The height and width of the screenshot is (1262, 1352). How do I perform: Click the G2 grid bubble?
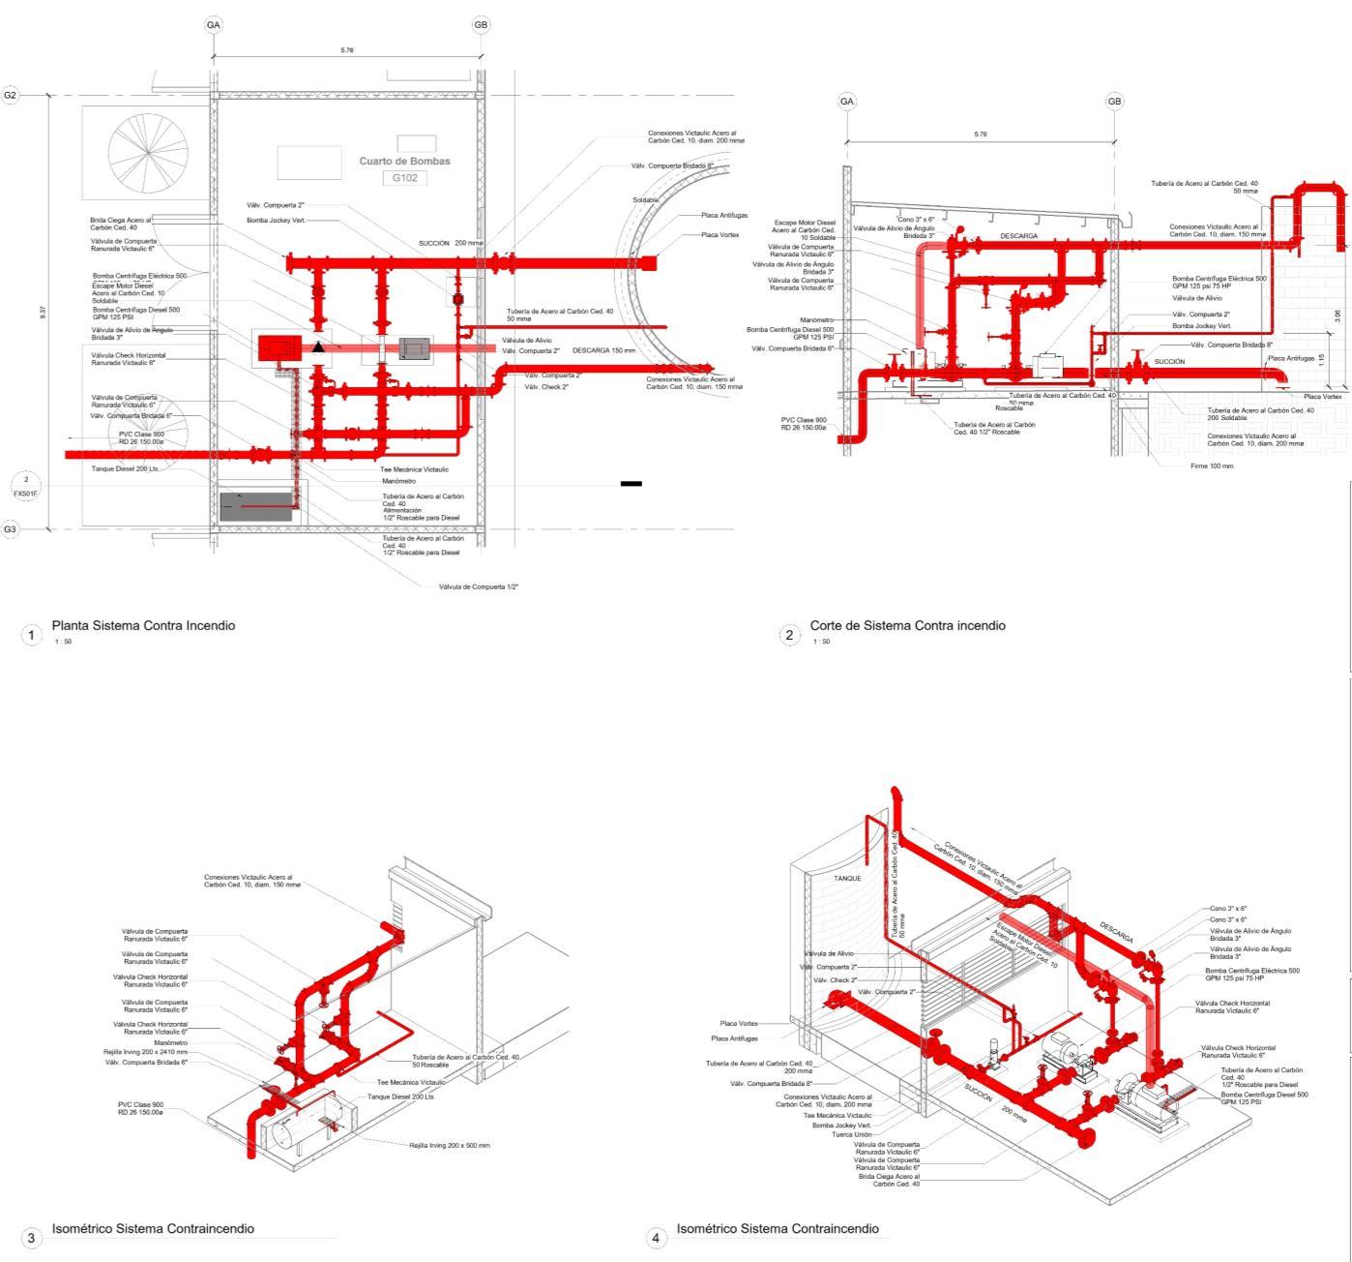(10, 95)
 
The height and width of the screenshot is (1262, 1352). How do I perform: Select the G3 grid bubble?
(10, 529)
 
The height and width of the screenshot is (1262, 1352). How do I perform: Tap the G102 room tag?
(404, 178)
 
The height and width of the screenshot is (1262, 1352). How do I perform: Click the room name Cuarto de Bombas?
(404, 162)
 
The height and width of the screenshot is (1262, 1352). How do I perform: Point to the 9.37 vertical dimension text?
(43, 314)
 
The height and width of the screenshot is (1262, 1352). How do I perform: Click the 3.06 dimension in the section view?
(1337, 315)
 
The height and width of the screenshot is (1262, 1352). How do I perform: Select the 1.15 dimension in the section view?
(1322, 359)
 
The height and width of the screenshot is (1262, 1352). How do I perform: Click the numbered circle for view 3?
(31, 1238)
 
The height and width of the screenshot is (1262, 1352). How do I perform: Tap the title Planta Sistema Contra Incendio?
(143, 626)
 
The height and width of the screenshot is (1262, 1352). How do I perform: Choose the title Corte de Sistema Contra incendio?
(907, 626)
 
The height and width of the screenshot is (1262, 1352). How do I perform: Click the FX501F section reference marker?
(26, 487)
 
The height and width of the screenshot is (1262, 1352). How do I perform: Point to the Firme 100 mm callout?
(1212, 466)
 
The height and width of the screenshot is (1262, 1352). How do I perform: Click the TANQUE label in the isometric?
(847, 879)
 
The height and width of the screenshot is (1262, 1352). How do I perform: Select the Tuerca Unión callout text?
(851, 1135)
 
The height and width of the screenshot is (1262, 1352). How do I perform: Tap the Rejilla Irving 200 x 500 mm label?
(449, 1146)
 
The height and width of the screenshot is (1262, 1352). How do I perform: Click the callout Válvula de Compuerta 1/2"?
(479, 586)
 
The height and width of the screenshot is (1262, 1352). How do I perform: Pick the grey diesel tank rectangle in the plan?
(255, 507)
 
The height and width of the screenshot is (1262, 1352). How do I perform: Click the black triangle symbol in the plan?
(318, 346)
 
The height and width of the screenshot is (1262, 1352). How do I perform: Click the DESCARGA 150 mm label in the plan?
(603, 350)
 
